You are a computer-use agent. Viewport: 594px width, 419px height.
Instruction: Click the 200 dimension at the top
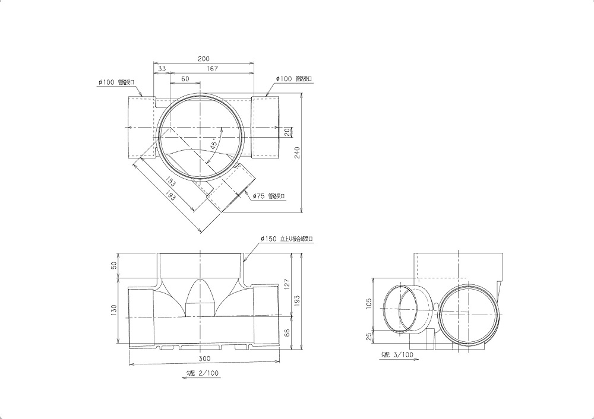click(x=204, y=59)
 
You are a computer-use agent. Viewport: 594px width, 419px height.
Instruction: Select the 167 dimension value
click(x=212, y=69)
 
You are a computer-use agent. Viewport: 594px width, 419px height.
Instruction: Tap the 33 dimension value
click(x=162, y=69)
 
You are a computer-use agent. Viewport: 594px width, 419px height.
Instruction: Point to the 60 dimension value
click(x=185, y=79)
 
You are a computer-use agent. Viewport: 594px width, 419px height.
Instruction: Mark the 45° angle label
click(x=214, y=144)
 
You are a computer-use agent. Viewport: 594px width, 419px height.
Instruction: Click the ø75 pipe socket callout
click(x=268, y=195)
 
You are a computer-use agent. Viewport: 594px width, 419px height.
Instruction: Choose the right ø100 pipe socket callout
click(x=294, y=79)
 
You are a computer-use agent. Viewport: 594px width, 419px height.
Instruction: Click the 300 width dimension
click(x=204, y=359)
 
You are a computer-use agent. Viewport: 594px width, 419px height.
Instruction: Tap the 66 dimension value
click(x=286, y=332)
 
